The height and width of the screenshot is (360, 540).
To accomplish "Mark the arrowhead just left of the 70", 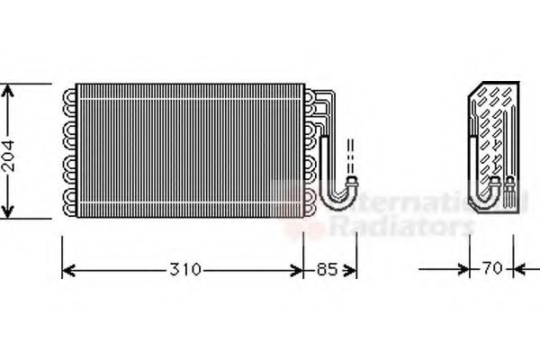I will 466,269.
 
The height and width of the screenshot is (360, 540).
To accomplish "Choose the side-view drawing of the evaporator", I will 495,148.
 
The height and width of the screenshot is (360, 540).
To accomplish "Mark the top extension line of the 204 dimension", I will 27,84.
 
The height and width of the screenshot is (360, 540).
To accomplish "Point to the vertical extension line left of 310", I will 60,256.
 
